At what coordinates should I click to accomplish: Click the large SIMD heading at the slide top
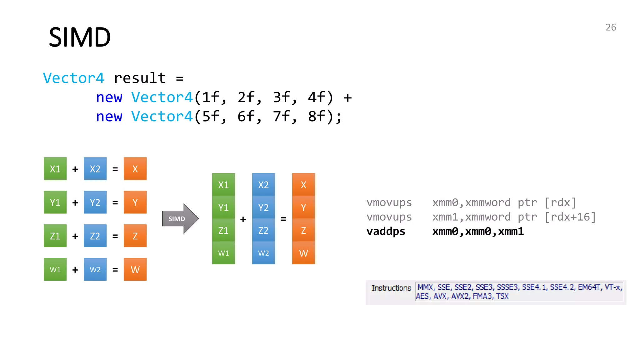[80, 37]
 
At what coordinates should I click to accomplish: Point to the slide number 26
[611, 27]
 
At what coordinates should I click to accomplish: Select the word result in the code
[140, 78]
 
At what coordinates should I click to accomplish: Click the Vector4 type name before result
[73, 78]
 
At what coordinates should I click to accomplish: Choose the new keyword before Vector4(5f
[109, 117]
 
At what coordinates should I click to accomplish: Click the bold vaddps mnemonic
[386, 232]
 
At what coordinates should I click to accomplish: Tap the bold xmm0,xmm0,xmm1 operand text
[478, 232]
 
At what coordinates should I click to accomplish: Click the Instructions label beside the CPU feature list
[391, 288]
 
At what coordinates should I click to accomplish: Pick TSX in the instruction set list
[502, 296]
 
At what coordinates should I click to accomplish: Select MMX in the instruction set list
[425, 287]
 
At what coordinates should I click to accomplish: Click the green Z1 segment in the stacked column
[223, 231]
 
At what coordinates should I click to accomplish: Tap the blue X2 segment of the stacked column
[263, 185]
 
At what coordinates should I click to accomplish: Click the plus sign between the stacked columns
[243, 219]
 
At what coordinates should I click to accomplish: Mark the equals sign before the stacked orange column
[283, 219]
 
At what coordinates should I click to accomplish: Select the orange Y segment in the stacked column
[303, 208]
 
